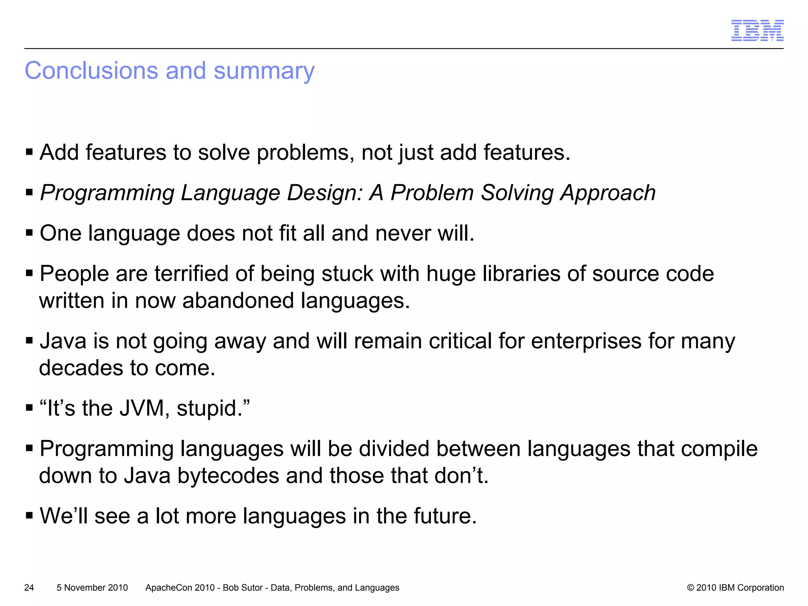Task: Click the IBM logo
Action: coord(757,30)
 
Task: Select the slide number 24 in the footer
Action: coord(29,587)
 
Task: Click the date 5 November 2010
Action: coord(92,587)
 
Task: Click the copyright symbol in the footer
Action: coord(690,587)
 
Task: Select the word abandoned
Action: coord(238,301)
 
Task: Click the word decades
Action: coord(81,368)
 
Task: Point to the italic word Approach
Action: coord(608,193)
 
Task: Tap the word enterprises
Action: coord(586,341)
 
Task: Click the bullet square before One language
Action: coord(29,233)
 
